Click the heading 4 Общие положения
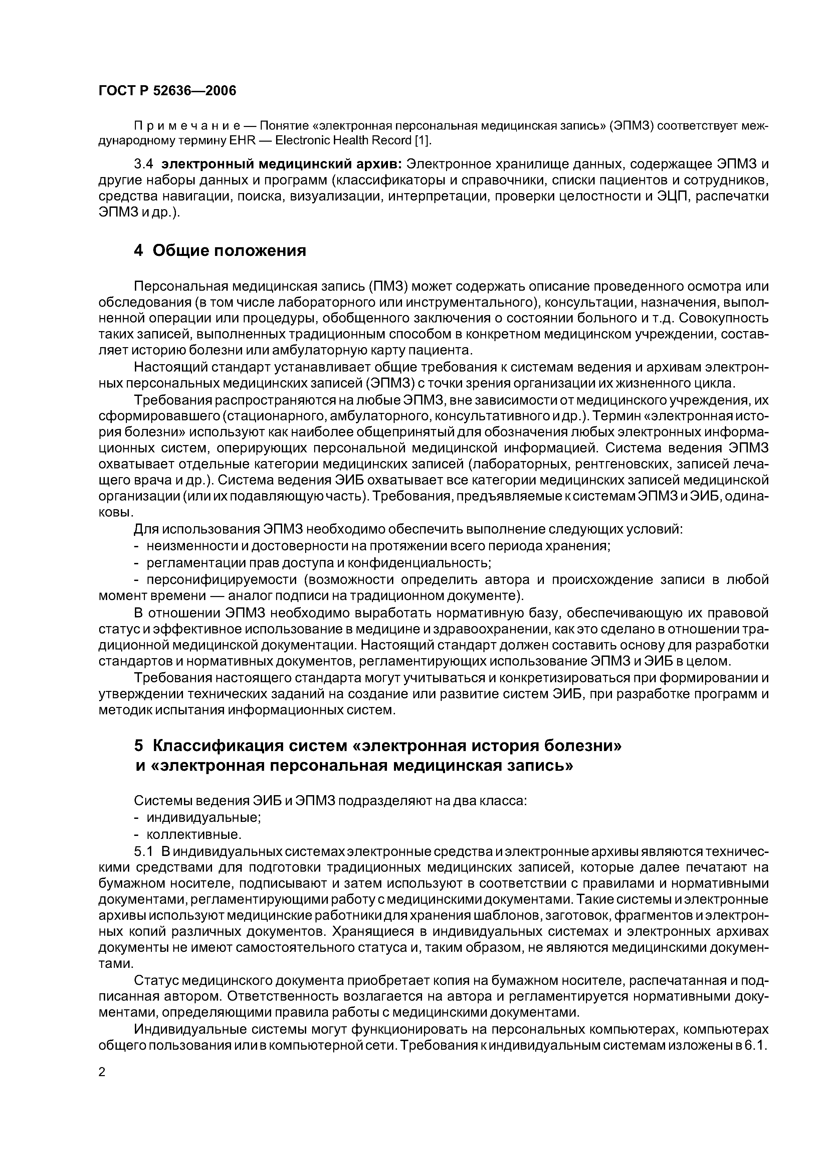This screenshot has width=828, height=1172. (x=220, y=251)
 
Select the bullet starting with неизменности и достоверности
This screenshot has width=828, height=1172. (x=378, y=546)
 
